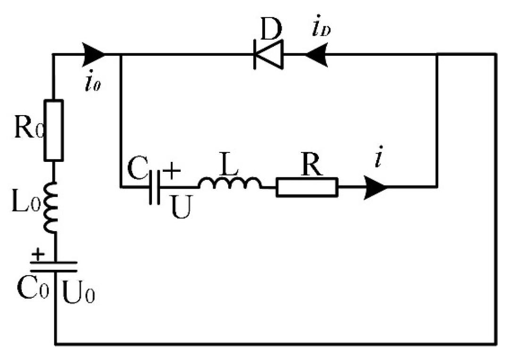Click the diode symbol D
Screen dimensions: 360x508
point(268,55)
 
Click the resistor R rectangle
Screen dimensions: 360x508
point(307,187)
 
